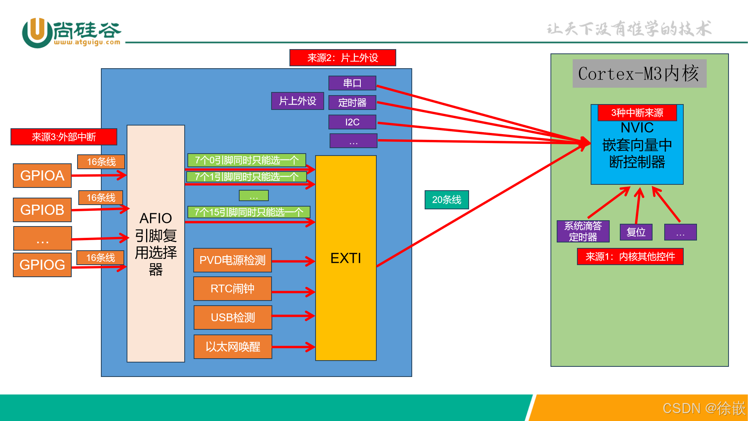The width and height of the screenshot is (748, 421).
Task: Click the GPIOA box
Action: click(x=42, y=175)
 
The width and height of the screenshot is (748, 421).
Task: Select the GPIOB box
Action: click(x=42, y=210)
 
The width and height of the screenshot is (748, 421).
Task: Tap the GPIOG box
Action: click(x=42, y=265)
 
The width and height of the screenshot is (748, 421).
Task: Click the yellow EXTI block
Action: click(x=346, y=258)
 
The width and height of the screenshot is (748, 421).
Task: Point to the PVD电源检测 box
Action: click(x=232, y=260)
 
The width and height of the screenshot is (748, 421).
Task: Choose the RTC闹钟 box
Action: click(x=232, y=288)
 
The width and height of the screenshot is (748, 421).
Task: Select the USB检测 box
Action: click(x=233, y=317)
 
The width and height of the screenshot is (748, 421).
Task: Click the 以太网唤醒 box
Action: click(x=233, y=347)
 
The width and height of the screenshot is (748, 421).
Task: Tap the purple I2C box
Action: click(x=352, y=122)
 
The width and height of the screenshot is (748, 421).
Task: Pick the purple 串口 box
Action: click(x=352, y=83)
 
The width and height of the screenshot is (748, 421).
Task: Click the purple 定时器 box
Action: click(x=352, y=103)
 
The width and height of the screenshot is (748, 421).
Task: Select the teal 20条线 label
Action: click(x=446, y=200)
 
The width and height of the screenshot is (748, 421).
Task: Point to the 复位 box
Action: click(x=636, y=232)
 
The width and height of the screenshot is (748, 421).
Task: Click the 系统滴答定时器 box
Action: click(x=583, y=232)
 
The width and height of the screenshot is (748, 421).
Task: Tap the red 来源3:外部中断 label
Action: click(x=64, y=137)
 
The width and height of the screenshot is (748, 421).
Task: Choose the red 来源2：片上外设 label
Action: click(x=342, y=58)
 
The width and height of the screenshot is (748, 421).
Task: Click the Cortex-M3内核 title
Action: click(x=639, y=73)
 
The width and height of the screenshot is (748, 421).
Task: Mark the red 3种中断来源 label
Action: click(x=637, y=113)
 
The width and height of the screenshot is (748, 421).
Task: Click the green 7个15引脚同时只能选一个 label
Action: click(x=249, y=212)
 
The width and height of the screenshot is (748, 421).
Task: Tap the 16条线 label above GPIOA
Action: click(x=101, y=162)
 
